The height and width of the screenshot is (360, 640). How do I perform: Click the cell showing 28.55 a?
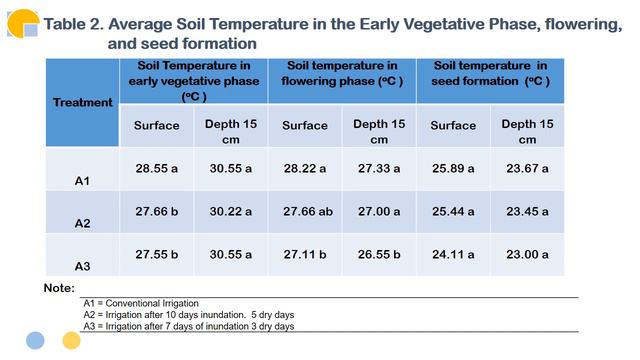coord(156,169)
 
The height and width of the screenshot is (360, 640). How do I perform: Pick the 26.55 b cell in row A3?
coord(379,254)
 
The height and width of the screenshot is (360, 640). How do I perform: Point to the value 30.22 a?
coord(231,212)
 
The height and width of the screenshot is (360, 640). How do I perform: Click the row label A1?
coord(82,181)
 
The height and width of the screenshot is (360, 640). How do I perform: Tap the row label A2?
coord(82,224)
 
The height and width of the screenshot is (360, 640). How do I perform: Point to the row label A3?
coord(82,266)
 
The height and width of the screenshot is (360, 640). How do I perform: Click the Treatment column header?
coord(82,102)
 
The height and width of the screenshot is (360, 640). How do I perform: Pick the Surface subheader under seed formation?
coord(453,126)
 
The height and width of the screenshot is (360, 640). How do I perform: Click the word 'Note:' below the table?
coord(60,288)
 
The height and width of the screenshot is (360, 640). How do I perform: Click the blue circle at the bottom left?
coord(35,340)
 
